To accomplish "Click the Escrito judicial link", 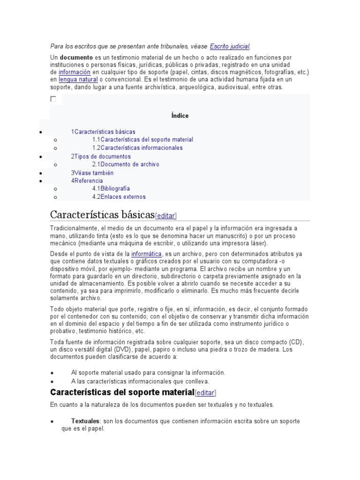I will coord(230,46).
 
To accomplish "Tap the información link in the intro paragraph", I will coord(74,72).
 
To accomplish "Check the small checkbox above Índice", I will coord(53,99).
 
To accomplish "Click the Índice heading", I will coord(180,116).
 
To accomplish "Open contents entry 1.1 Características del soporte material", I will coord(142,140).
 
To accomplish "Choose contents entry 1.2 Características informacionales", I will coord(137,148).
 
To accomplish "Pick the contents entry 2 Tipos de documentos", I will coord(101,156).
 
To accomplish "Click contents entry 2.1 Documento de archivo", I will coord(126,164).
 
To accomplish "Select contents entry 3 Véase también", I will coord(92,172).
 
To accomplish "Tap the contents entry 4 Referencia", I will coord(87,180).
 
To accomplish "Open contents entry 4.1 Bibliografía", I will coord(111,188).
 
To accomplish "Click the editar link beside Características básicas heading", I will coord(166,216).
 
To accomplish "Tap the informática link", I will coord(146,254).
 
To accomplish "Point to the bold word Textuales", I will coord(85,421).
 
